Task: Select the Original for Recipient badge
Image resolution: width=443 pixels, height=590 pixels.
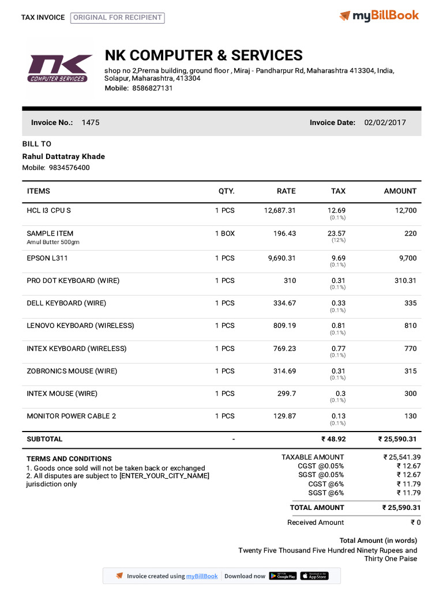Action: (x=118, y=18)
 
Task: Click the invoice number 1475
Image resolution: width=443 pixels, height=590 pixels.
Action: (x=91, y=123)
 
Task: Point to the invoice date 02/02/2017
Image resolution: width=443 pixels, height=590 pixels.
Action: (x=385, y=123)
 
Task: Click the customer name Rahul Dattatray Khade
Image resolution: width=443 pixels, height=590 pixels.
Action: (x=63, y=157)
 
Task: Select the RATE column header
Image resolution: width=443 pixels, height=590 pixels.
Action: (x=286, y=191)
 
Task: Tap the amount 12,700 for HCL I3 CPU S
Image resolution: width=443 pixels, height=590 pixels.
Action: (x=406, y=211)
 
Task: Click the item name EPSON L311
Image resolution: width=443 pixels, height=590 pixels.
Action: (x=47, y=258)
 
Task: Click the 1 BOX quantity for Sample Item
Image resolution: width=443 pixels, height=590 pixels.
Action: (x=225, y=233)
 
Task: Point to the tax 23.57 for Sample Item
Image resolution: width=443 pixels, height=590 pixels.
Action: (x=336, y=233)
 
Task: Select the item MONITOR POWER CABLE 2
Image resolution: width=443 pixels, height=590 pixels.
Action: (x=72, y=416)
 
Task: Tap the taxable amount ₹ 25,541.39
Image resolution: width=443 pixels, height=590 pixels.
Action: (x=402, y=457)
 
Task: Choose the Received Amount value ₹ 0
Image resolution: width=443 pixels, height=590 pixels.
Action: (x=415, y=523)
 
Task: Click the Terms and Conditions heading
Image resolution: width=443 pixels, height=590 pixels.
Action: (x=69, y=459)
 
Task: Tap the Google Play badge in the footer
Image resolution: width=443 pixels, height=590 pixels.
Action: (x=283, y=576)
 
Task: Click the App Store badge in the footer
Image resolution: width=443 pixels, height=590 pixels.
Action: (x=314, y=576)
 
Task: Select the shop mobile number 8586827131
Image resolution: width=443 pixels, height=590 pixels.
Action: (x=152, y=88)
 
